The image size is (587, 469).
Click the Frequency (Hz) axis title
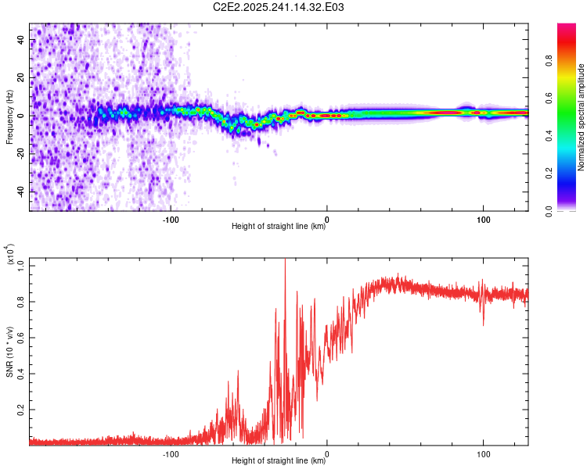tap(10, 117)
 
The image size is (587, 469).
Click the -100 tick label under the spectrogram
tap(171, 218)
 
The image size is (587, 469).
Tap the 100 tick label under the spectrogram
tap(484, 218)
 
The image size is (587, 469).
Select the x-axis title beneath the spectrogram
tap(279, 227)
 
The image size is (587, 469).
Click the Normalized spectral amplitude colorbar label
tap(581, 117)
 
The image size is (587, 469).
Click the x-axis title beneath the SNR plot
tap(279, 460)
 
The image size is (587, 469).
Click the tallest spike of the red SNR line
tap(285, 261)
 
